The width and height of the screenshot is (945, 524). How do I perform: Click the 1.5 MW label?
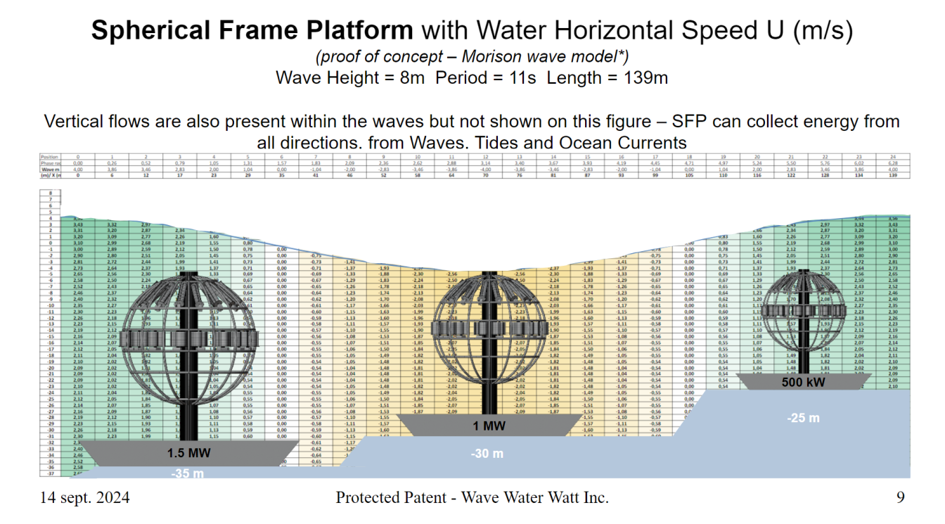point(189,453)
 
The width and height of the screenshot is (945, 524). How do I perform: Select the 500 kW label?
point(803,383)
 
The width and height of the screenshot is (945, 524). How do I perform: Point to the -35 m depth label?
point(188,473)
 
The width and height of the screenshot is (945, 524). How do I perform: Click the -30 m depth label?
point(487,454)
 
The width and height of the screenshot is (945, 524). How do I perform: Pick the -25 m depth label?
point(802,418)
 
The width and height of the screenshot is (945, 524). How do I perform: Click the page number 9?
point(901,498)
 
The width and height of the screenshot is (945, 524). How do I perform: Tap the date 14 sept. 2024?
point(84,498)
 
